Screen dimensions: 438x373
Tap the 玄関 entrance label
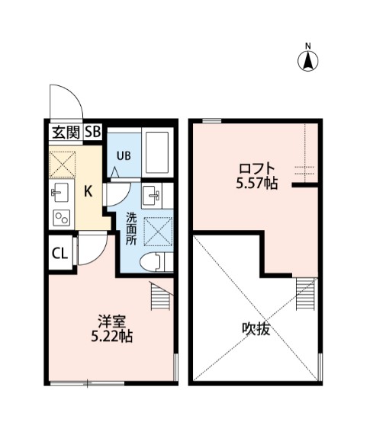(65, 132)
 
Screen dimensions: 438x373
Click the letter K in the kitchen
(88, 191)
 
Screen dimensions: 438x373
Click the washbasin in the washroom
(156, 196)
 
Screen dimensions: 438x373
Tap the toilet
(156, 261)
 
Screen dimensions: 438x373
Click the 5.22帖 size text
(111, 335)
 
